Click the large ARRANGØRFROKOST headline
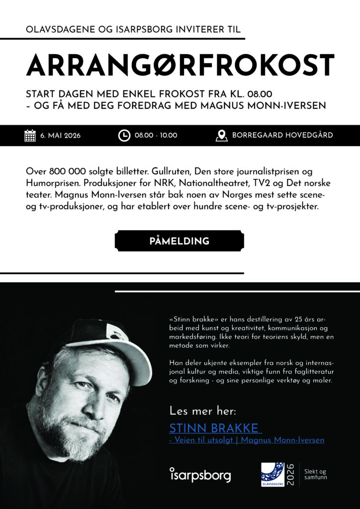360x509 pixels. click(x=180, y=64)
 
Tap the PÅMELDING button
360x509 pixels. click(x=180, y=241)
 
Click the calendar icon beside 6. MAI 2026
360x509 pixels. click(x=30, y=135)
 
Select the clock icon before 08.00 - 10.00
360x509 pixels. click(x=124, y=135)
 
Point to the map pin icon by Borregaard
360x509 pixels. click(x=222, y=135)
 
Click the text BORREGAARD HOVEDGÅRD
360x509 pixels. click(x=282, y=135)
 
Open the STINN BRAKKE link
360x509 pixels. click(x=214, y=428)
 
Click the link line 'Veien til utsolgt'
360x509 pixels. click(x=240, y=440)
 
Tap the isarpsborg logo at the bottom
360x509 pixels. click(x=200, y=475)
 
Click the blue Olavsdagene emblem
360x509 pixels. click(x=273, y=474)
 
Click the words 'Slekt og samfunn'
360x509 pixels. click(x=316, y=474)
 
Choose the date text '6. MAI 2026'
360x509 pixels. click(x=61, y=135)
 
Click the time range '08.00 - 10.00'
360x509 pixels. click(x=156, y=135)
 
